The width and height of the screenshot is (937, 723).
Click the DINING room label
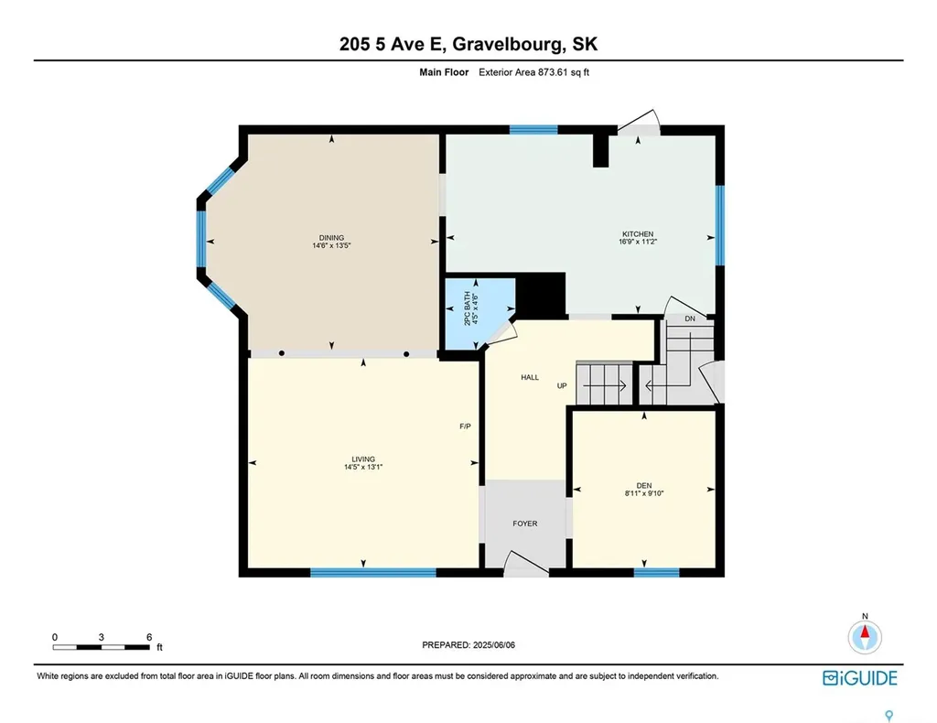tap(331, 238)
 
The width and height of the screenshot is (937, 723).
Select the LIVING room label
tap(363, 459)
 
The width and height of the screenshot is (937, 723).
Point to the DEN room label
tap(643, 487)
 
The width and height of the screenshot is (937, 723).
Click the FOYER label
tap(524, 523)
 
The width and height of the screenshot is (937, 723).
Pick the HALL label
tap(530, 377)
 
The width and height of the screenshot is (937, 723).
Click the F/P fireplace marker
tap(465, 426)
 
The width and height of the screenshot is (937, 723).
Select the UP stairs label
tap(563, 385)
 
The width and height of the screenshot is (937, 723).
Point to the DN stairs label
tap(691, 318)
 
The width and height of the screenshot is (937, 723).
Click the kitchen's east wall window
tap(719, 223)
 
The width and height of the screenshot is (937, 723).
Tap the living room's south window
tap(372, 573)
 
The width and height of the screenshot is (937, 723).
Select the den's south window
tap(656, 573)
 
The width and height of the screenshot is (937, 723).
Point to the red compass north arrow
tap(864, 632)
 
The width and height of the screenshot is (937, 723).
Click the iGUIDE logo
tap(859, 678)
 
